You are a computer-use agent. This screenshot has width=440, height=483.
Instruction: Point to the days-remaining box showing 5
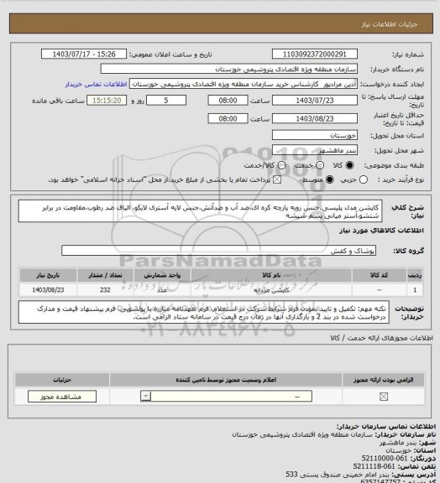pos(174,100)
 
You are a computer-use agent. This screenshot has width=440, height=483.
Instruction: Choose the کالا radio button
pos(333,164)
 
